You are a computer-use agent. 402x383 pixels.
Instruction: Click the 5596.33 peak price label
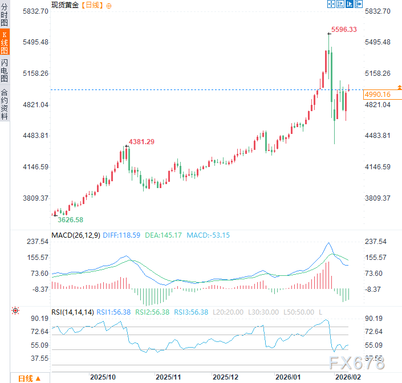click(344, 30)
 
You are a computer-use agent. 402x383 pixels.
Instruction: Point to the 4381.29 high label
click(141, 141)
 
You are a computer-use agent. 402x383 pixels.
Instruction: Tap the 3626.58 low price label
click(71, 219)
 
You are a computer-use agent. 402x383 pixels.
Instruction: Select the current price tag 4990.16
click(377, 95)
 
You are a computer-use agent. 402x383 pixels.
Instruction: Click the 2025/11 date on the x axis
click(168, 377)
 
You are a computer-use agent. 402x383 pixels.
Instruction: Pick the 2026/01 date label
click(288, 377)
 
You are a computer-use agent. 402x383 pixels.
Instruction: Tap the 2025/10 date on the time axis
click(103, 377)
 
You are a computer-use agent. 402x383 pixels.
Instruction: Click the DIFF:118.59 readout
click(124, 235)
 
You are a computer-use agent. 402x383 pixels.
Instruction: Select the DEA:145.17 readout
click(164, 235)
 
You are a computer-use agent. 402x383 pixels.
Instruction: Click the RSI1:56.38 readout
click(114, 312)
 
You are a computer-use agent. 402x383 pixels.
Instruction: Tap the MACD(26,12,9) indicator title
click(74, 235)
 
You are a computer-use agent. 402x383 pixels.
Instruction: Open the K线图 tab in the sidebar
click(5, 43)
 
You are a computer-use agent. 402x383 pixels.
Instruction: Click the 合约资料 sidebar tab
click(5, 104)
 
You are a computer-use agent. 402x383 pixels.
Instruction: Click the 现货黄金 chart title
click(64, 5)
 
